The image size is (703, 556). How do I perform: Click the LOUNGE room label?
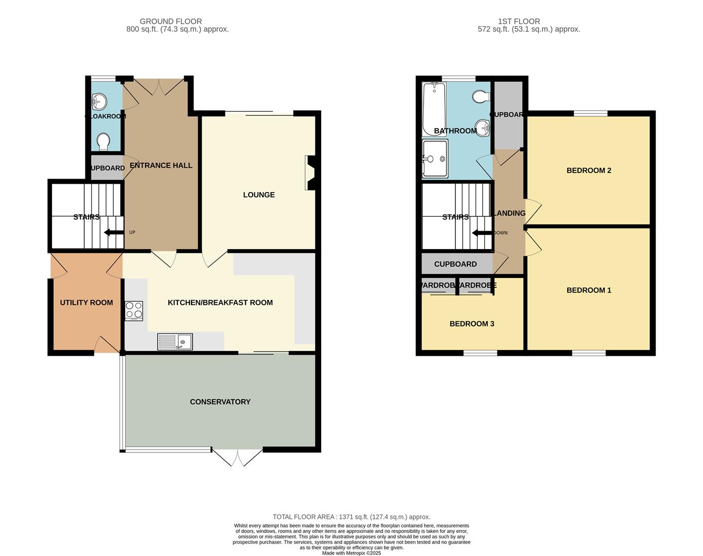click(x=259, y=195)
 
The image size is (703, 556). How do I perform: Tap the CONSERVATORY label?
click(x=220, y=402)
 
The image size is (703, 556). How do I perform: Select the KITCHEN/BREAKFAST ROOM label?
click(x=220, y=303)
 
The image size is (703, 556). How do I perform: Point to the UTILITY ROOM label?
click(x=86, y=303)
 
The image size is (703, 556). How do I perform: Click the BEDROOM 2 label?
click(x=589, y=170)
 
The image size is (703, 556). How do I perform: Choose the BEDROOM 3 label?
click(x=471, y=324)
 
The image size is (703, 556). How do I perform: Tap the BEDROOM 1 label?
click(x=589, y=290)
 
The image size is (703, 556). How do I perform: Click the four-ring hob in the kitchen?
click(x=134, y=311)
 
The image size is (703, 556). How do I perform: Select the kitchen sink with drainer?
click(x=175, y=342)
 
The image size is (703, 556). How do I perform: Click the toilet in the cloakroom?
click(x=103, y=142)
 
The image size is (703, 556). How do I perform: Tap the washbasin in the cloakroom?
click(x=98, y=102)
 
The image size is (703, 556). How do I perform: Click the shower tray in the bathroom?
click(x=435, y=159)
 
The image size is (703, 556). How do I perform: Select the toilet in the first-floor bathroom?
click(x=481, y=96)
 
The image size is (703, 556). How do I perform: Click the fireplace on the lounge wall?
click(x=310, y=173)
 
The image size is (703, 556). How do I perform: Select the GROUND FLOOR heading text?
click(x=171, y=22)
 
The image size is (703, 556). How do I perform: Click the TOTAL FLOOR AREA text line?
click(x=351, y=517)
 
